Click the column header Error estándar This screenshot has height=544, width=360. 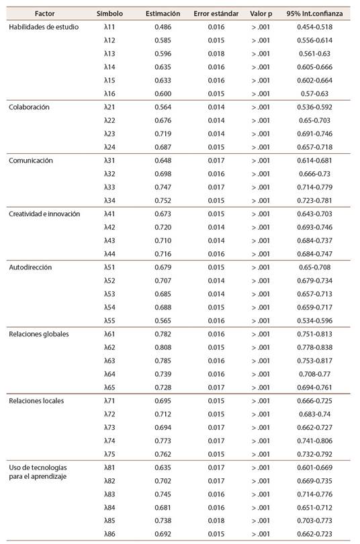(x=216, y=13)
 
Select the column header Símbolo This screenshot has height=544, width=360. (x=109, y=13)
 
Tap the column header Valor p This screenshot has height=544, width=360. (x=261, y=14)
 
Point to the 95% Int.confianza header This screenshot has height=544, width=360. (x=314, y=13)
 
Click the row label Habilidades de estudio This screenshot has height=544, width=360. (x=44, y=27)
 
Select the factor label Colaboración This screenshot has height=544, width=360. (x=29, y=107)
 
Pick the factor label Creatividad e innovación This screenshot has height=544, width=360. (x=44, y=214)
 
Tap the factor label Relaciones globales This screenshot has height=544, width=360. (x=39, y=334)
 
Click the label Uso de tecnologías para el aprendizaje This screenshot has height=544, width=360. (x=38, y=472)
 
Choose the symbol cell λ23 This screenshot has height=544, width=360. (x=109, y=134)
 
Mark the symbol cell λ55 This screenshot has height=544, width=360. (x=109, y=320)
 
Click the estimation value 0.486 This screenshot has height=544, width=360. (x=163, y=27)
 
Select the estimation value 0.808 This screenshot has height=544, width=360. (x=163, y=347)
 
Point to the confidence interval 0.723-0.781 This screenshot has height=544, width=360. (x=314, y=201)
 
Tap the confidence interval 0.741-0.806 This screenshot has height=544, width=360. (x=314, y=441)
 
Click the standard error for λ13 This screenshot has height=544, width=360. (x=216, y=54)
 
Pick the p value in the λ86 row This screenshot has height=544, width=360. (x=261, y=534)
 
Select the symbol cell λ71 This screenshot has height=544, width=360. (x=109, y=401)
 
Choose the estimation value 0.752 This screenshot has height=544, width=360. (x=163, y=201)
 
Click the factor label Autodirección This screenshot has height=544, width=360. (x=30, y=267)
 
